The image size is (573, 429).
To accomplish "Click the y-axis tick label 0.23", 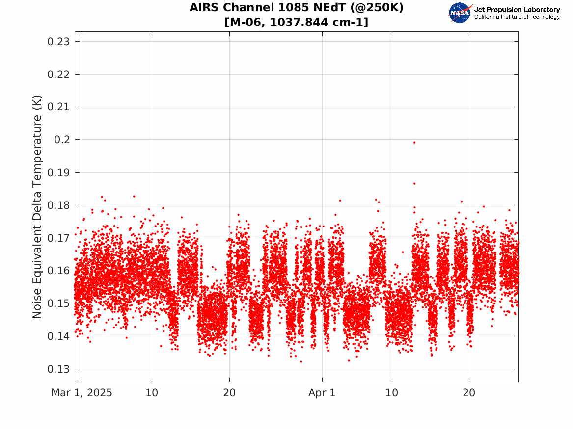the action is (x=58, y=42).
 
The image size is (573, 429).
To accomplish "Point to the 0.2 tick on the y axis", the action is (x=62, y=140).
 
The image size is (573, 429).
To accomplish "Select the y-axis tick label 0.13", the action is (x=58, y=369).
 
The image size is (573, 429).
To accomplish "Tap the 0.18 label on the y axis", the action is (x=58, y=205).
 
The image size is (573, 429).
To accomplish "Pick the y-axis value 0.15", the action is (x=58, y=303).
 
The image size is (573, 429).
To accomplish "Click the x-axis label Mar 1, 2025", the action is (x=82, y=393).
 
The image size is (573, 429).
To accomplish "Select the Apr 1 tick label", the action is (x=322, y=393).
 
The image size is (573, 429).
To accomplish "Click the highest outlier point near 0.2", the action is (x=414, y=143).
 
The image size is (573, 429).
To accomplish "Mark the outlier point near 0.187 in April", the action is (x=414, y=184).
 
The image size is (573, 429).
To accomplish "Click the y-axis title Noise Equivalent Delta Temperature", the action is (x=37, y=207).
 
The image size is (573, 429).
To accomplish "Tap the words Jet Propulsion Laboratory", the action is (x=517, y=10).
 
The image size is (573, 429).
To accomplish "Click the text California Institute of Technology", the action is (x=517, y=17).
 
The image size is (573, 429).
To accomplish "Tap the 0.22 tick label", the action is (x=58, y=75).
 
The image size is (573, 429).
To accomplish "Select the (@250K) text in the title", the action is (x=375, y=7).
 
